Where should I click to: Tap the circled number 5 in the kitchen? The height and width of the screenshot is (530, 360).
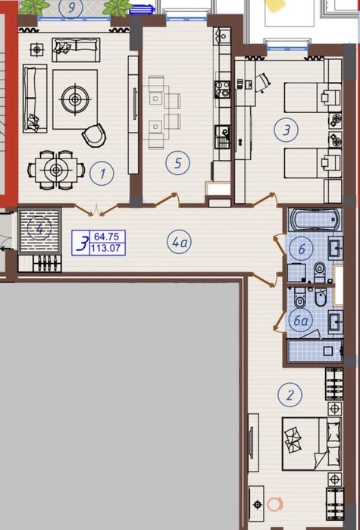178,162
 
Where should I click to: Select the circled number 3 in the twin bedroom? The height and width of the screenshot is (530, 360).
286,130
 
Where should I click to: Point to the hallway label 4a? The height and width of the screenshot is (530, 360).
180,243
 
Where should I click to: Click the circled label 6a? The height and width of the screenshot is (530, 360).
302,321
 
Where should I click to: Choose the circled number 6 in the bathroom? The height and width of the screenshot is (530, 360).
302,248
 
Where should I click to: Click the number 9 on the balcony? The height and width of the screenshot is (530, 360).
73,8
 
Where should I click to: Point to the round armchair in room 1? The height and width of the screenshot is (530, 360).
95,135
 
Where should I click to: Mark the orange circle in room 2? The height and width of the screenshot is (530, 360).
274,502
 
